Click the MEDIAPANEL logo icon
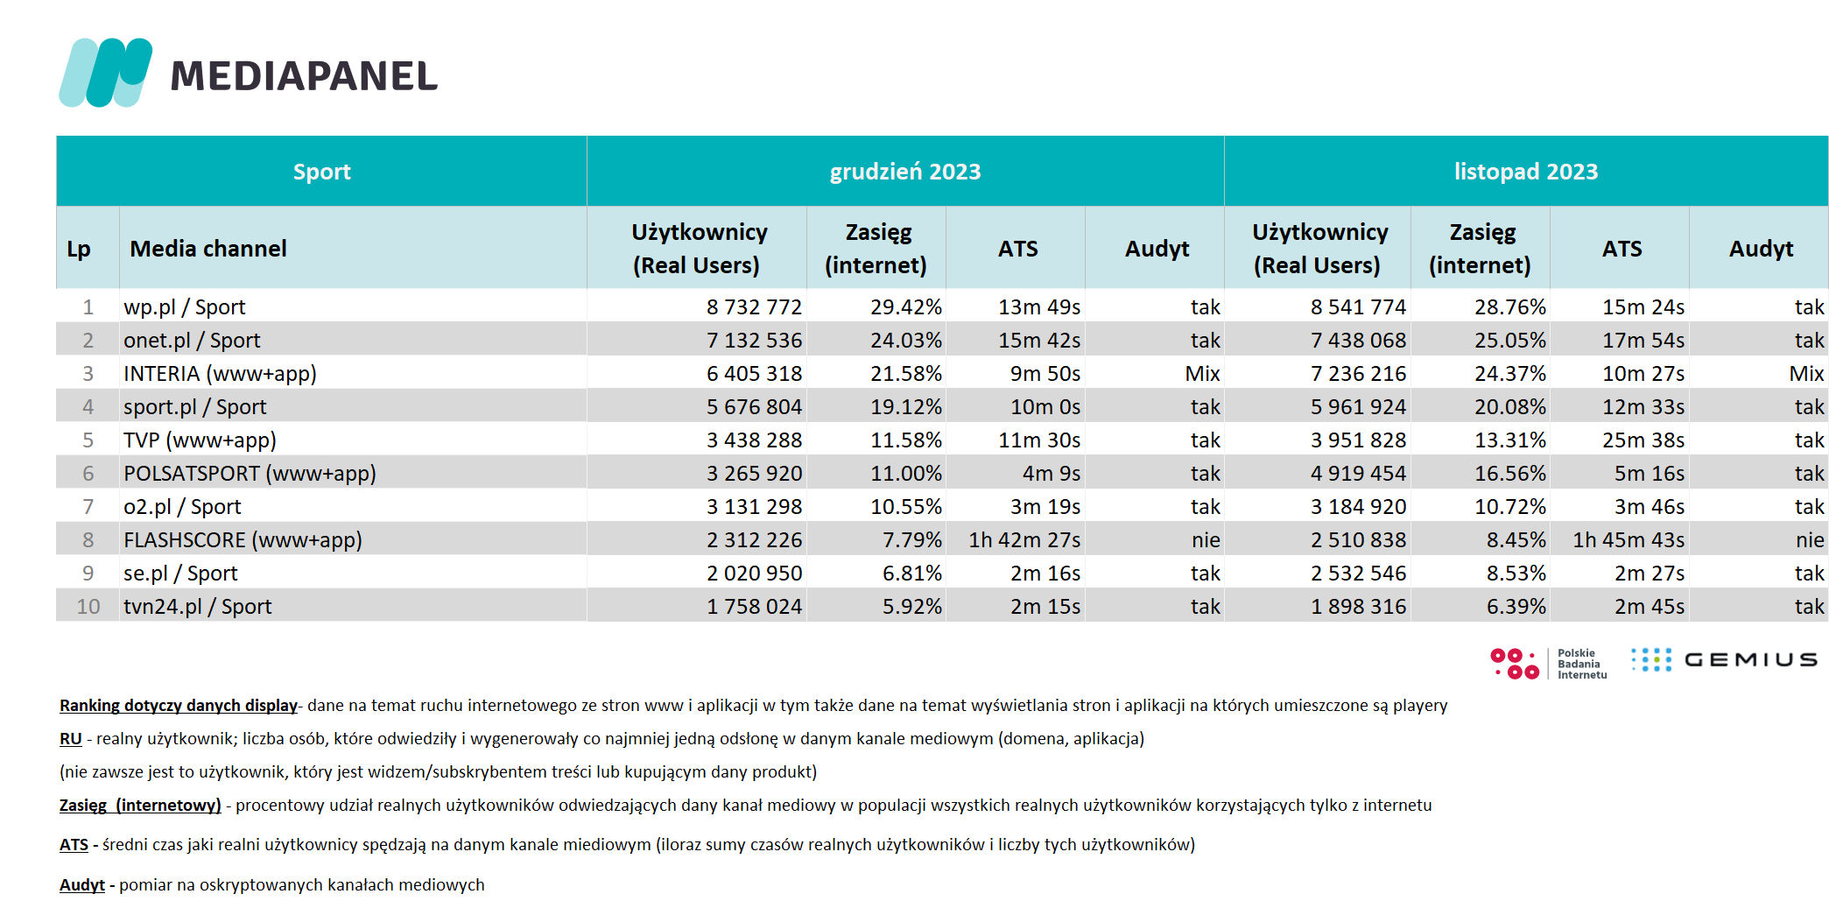tap(105, 73)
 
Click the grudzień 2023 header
tap(905, 172)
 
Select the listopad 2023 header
tap(1526, 172)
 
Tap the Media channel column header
tap(208, 249)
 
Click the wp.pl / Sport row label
tap(184, 307)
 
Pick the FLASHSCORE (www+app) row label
tap(243, 540)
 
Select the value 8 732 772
tap(754, 307)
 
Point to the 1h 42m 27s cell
tap(1024, 540)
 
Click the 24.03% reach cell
tap(906, 341)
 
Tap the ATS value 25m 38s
tap(1643, 440)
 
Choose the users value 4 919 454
tap(1358, 474)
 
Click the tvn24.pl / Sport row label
tap(197, 607)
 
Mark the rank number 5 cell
tap(88, 440)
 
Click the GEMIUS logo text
tap(1750, 660)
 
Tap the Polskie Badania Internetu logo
tap(1549, 664)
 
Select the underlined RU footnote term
tap(71, 739)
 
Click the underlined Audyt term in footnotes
tap(82, 885)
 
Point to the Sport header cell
tap(321, 172)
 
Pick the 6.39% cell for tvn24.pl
tap(1516, 607)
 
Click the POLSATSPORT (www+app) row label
tap(250, 474)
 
